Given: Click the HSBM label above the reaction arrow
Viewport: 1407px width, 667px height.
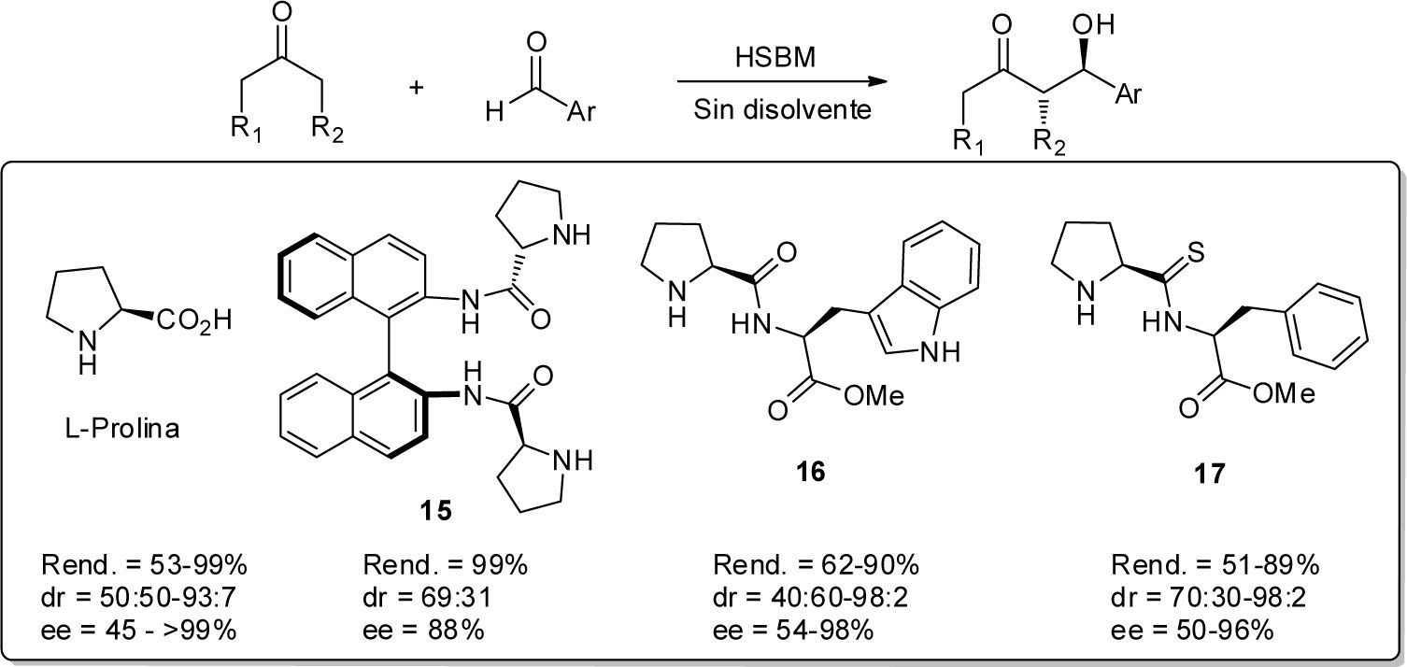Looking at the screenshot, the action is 775,58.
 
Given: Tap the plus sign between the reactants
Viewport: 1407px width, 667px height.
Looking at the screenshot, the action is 417,87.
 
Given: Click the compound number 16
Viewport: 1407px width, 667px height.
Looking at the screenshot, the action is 810,472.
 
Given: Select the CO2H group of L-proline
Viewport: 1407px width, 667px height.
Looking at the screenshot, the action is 191,322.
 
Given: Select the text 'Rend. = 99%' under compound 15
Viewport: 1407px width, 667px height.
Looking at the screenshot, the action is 445,565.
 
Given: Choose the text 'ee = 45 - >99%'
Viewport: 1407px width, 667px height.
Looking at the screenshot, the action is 138,631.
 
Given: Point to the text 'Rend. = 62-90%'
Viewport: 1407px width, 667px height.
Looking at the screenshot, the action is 817,565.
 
